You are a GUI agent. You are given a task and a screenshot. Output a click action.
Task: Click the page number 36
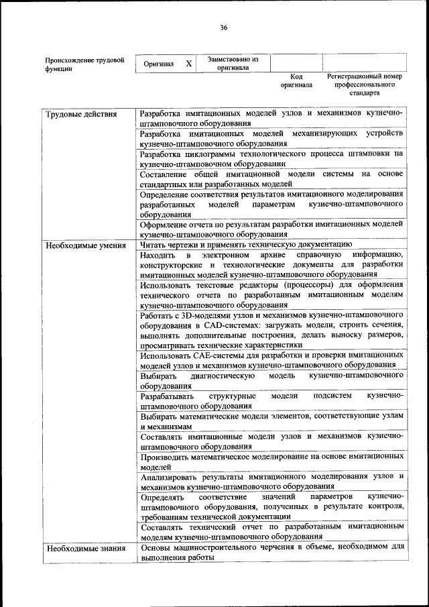pos(223,27)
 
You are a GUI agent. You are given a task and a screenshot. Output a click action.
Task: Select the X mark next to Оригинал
pos(189,64)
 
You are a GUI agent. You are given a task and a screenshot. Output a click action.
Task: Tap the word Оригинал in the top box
pos(159,64)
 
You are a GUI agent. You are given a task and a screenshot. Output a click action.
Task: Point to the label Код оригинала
pos(296,81)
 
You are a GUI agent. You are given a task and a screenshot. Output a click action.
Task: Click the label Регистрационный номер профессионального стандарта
pos(364,85)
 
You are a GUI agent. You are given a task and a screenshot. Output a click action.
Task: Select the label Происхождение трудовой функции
pos(84,64)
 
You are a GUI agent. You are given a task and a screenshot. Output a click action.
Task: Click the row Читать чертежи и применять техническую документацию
pos(245,245)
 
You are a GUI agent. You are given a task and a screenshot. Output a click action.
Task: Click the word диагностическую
pos(223,376)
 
